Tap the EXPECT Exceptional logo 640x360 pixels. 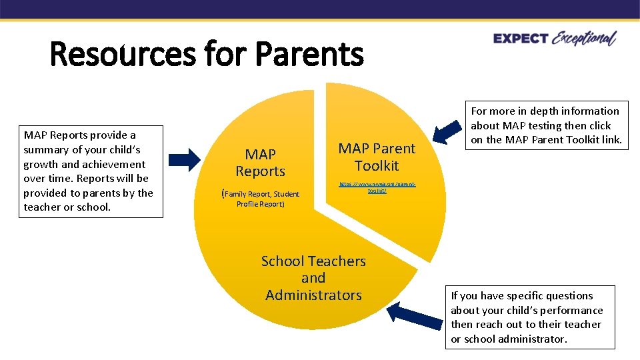[x=555, y=39]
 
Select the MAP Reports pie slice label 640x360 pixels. [x=260, y=163]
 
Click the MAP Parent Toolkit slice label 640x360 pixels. [x=376, y=157]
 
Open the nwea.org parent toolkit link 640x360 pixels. [x=377, y=187]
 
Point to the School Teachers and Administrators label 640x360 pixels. [x=313, y=278]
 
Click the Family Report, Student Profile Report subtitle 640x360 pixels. [x=261, y=199]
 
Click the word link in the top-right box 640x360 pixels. [x=611, y=140]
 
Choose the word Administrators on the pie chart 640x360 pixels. [x=313, y=295]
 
